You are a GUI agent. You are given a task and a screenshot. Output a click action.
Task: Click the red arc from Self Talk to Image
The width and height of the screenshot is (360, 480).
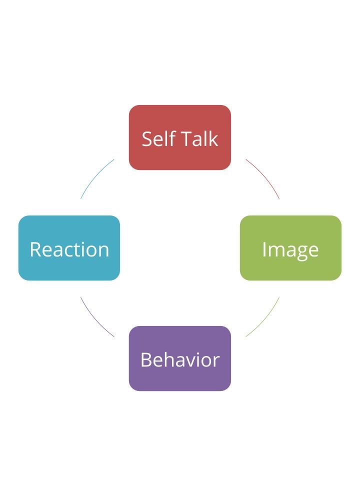264,176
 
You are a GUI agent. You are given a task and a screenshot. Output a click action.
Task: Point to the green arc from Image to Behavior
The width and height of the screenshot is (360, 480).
264,319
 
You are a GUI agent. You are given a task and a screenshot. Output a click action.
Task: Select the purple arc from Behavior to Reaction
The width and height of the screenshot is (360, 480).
95,319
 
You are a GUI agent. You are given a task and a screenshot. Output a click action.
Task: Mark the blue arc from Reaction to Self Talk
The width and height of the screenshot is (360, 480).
95,176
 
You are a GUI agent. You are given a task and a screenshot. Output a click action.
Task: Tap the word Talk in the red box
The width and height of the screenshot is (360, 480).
199,138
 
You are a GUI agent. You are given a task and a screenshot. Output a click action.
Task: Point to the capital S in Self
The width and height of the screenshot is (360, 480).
147,139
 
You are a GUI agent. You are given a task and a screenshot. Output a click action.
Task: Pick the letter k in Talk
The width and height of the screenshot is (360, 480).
213,138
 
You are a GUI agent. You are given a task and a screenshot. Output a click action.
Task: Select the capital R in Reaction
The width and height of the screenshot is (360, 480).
35,249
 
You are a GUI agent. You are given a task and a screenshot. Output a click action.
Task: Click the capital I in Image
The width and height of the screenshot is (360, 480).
264,249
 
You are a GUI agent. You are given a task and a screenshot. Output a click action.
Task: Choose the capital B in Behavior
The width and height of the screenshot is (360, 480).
146,360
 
